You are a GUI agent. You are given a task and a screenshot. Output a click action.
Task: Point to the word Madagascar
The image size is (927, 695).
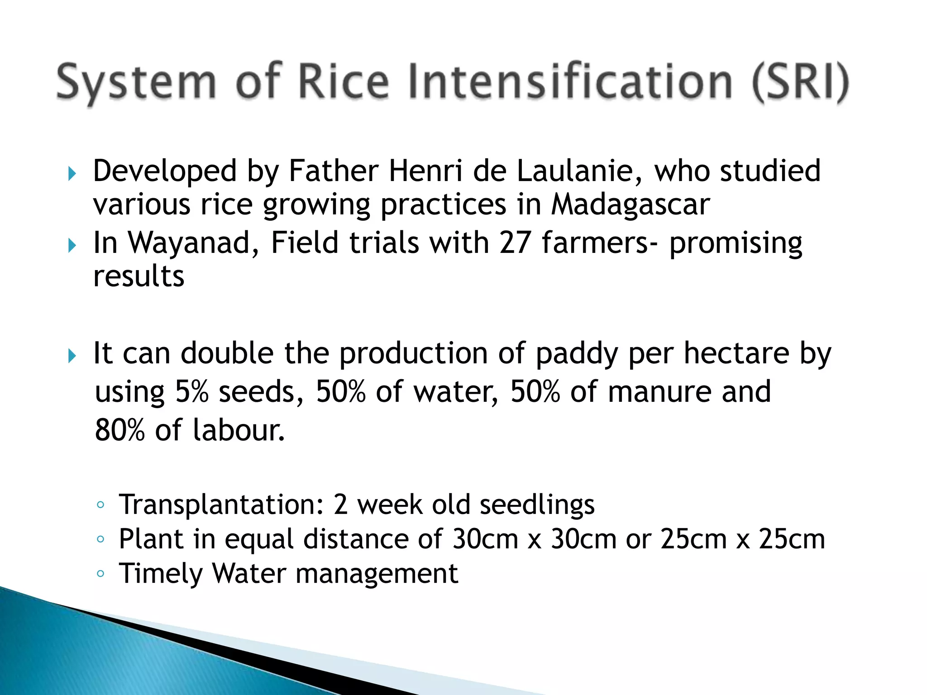[630, 205]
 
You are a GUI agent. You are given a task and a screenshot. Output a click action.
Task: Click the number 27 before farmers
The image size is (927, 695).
[515, 243]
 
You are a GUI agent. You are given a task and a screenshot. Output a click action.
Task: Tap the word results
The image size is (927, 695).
[139, 276]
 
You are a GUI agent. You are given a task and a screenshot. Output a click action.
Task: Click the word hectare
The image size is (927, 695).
[736, 353]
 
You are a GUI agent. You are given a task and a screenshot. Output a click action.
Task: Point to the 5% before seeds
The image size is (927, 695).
[191, 392]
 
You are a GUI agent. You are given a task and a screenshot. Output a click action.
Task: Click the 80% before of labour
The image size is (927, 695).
[119, 430]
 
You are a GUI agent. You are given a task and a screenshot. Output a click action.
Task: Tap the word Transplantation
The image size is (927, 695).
[221, 505]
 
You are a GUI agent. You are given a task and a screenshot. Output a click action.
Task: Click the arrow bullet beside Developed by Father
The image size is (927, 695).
[72, 173]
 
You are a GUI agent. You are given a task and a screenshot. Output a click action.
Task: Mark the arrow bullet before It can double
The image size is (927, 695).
[72, 356]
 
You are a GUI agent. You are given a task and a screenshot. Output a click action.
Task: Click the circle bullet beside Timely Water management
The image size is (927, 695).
[100, 574]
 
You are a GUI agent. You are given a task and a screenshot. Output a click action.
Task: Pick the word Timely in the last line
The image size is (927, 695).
[160, 574]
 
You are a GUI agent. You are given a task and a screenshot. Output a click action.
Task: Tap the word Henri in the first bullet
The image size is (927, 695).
[425, 171]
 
